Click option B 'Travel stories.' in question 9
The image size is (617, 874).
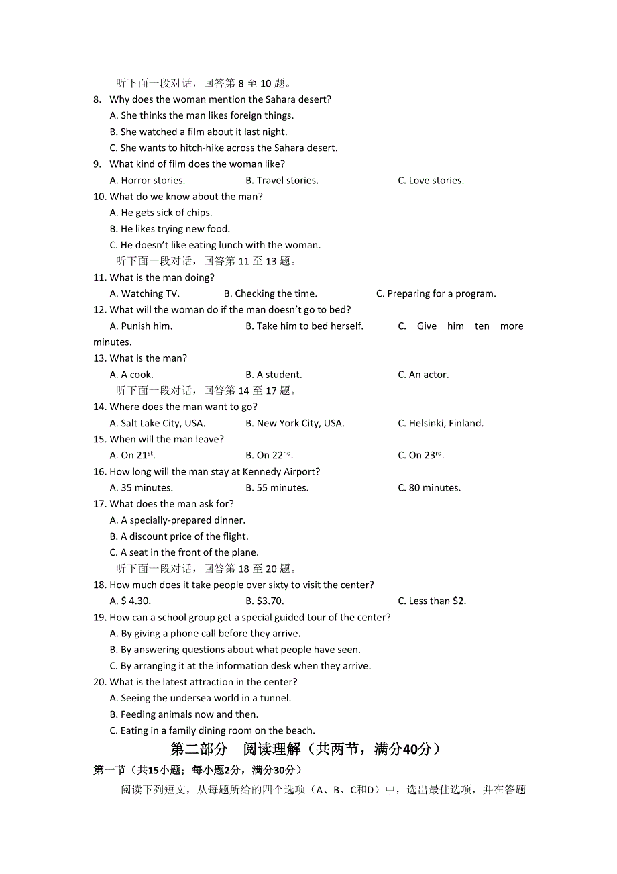[282, 181]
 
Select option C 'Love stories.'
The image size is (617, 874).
[431, 181]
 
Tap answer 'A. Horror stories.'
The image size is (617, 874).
[148, 181]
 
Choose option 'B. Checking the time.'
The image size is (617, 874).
[270, 293]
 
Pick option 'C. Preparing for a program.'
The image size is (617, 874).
[436, 293]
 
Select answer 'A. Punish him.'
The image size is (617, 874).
[141, 326]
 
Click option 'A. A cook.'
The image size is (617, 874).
[131, 375]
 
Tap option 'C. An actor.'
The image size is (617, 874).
[423, 375]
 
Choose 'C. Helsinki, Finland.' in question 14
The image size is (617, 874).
[441, 423]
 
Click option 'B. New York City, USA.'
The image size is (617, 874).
[294, 423]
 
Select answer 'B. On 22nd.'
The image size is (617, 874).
[269, 455]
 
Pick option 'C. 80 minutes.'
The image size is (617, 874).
[429, 488]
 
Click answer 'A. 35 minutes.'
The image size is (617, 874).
[141, 488]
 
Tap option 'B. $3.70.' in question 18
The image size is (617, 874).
[264, 601]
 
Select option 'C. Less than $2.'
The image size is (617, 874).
[432, 601]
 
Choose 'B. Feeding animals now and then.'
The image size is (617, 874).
[184, 714]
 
